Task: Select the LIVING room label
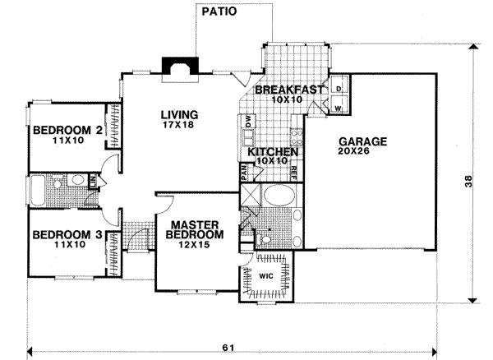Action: coord(179,114)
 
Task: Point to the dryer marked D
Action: coord(339,88)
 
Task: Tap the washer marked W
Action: coord(339,106)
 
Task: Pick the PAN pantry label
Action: coord(244,172)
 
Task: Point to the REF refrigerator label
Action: coord(293,172)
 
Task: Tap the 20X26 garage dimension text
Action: coord(362,153)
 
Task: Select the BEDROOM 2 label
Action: coord(66,129)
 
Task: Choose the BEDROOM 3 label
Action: coord(66,234)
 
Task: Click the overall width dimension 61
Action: coord(227,348)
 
